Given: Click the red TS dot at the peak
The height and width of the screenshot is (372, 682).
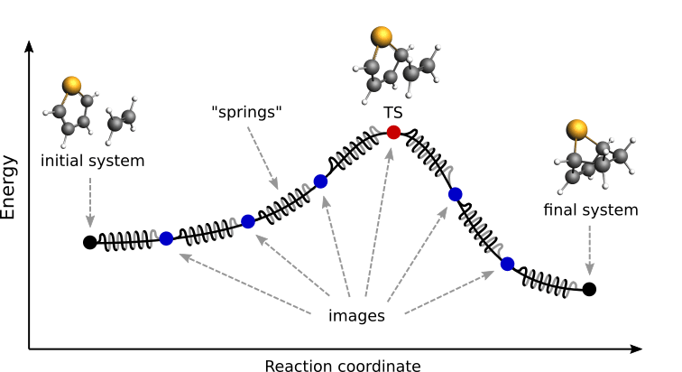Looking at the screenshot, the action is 392,133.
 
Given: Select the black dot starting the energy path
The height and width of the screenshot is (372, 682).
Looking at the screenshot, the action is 89,242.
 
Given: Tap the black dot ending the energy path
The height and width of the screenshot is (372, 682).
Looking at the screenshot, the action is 589,289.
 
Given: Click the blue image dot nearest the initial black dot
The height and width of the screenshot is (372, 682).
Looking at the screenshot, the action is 166,238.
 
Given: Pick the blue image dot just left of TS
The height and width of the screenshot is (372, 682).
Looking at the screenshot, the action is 320,181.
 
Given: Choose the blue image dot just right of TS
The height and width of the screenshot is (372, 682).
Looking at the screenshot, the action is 455,193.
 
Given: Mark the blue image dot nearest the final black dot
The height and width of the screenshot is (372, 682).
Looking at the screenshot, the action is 507,264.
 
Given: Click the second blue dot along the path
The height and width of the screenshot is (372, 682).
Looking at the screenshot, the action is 248,221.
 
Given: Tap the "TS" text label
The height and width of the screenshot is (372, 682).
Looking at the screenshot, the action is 393,112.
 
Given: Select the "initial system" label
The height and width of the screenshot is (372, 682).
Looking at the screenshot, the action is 92,162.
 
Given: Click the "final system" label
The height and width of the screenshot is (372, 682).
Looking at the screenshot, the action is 590,210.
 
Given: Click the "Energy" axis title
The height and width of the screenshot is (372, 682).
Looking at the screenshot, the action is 10,187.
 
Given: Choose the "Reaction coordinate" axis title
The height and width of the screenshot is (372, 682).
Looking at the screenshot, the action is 342,365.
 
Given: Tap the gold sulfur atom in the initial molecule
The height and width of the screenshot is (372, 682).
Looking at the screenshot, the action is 72,85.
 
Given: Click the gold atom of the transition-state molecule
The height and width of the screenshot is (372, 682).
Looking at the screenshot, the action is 382,37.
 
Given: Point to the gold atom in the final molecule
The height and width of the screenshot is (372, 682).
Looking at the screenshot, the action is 577,129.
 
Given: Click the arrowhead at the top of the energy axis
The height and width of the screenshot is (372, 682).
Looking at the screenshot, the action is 29,45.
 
